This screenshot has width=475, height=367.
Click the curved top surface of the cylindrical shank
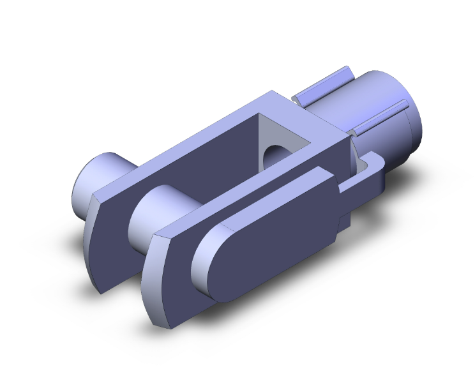377,86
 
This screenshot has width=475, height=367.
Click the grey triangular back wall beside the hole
268,137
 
